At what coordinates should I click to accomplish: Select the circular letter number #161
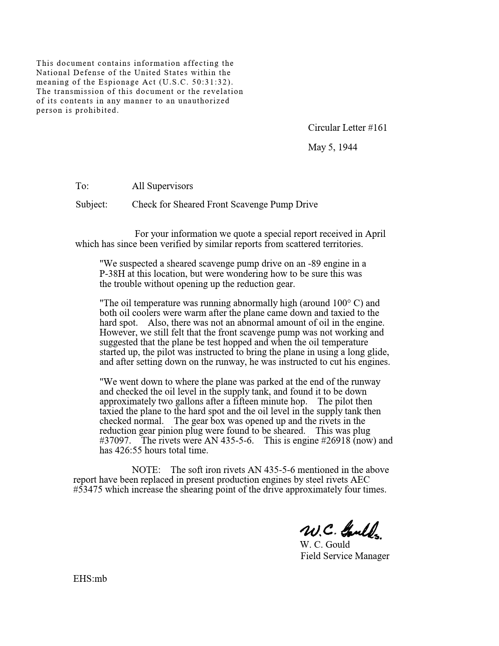click(x=377, y=128)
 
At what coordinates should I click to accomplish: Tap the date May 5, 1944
click(x=332, y=147)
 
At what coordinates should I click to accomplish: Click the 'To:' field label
click(x=82, y=186)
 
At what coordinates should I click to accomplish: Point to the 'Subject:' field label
click(x=91, y=204)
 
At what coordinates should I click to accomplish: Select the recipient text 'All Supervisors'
click(x=162, y=186)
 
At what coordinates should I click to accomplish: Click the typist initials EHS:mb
click(x=90, y=579)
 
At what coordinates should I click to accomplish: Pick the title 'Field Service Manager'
click(x=345, y=556)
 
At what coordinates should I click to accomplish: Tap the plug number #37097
click(x=115, y=440)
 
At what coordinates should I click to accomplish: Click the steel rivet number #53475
click(x=88, y=489)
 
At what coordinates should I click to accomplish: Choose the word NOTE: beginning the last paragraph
click(x=146, y=470)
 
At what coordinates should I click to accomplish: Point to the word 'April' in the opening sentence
click(x=375, y=234)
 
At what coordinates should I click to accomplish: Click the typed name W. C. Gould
click(x=325, y=545)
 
